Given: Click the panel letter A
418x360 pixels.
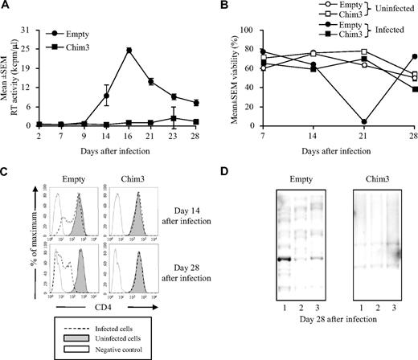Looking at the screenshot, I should tap(5, 6).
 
